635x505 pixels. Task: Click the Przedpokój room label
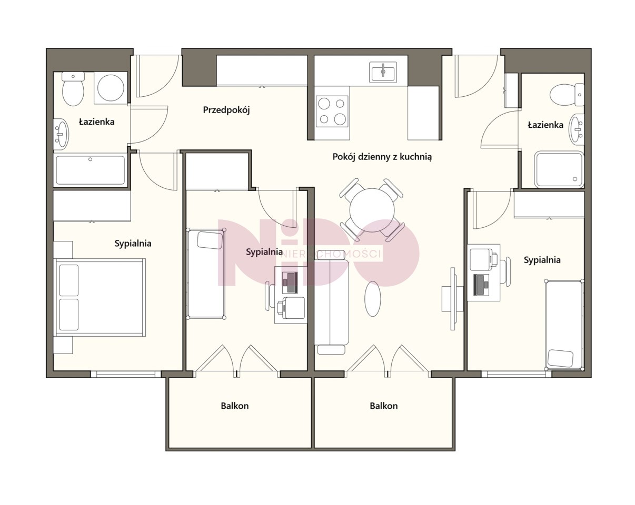226,110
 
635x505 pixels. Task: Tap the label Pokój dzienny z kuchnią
382,157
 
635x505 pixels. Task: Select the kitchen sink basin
383,72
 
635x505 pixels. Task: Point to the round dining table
372,210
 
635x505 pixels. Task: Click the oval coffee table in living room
373,299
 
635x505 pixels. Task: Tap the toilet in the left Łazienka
73,89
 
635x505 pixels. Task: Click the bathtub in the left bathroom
90,170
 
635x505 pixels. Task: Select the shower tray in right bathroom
560,170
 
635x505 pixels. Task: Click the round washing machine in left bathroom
111,88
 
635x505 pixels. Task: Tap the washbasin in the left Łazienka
61,133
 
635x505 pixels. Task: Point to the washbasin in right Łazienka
577,130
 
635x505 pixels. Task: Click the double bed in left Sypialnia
100,297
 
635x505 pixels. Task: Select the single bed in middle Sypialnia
206,274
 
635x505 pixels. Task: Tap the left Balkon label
235,406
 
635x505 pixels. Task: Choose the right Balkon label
384,406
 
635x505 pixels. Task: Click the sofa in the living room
332,304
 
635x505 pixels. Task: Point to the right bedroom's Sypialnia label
542,260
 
